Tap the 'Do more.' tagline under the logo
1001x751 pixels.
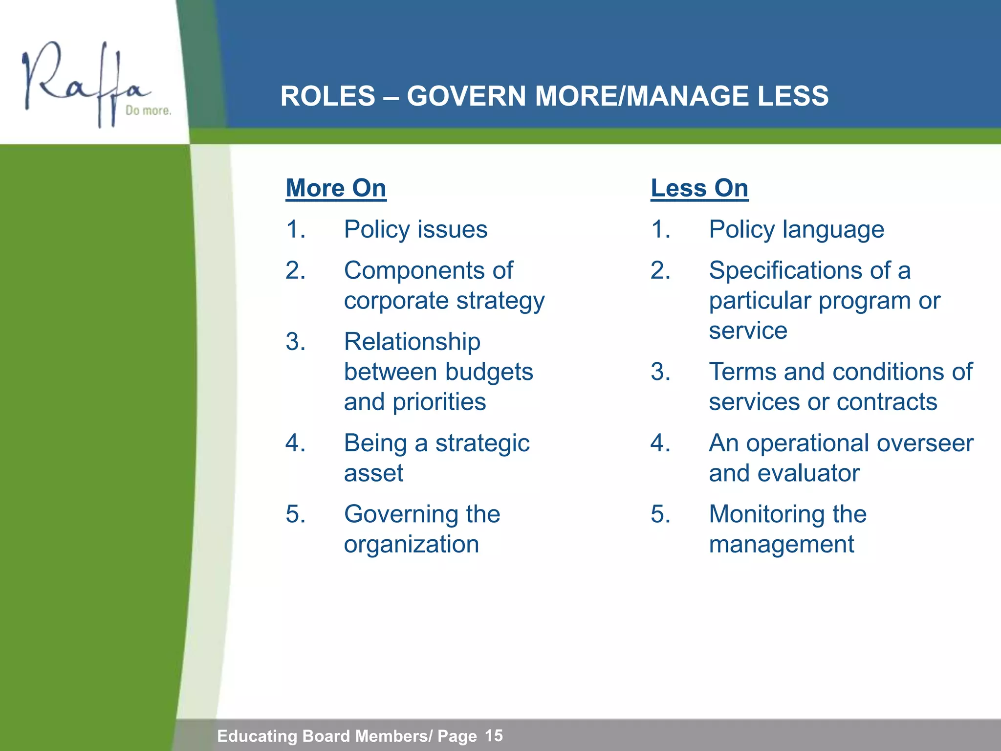[148, 110]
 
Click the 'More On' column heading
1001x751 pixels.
[336, 188]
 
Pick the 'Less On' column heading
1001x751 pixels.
[699, 188]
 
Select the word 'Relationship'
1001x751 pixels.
[412, 342]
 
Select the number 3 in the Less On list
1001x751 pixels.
[659, 372]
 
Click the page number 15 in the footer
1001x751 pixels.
[494, 735]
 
